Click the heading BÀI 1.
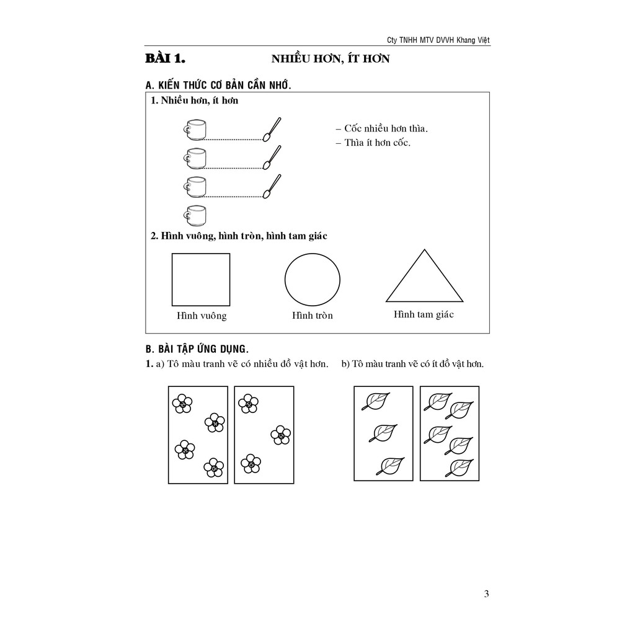coord(166,59)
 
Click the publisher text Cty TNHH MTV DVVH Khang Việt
coord(438,40)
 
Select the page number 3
coord(486,593)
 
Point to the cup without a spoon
coord(195,215)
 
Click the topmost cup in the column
coord(195,129)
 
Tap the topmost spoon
coord(272,128)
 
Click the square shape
coord(200,279)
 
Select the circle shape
coord(312,279)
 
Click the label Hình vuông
coord(202,316)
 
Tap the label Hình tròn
coord(313,316)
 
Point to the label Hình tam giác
coord(424,314)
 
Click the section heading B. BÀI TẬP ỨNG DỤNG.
coord(197,349)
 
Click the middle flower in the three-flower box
coord(280,435)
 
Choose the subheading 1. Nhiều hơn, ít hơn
coord(194,100)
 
